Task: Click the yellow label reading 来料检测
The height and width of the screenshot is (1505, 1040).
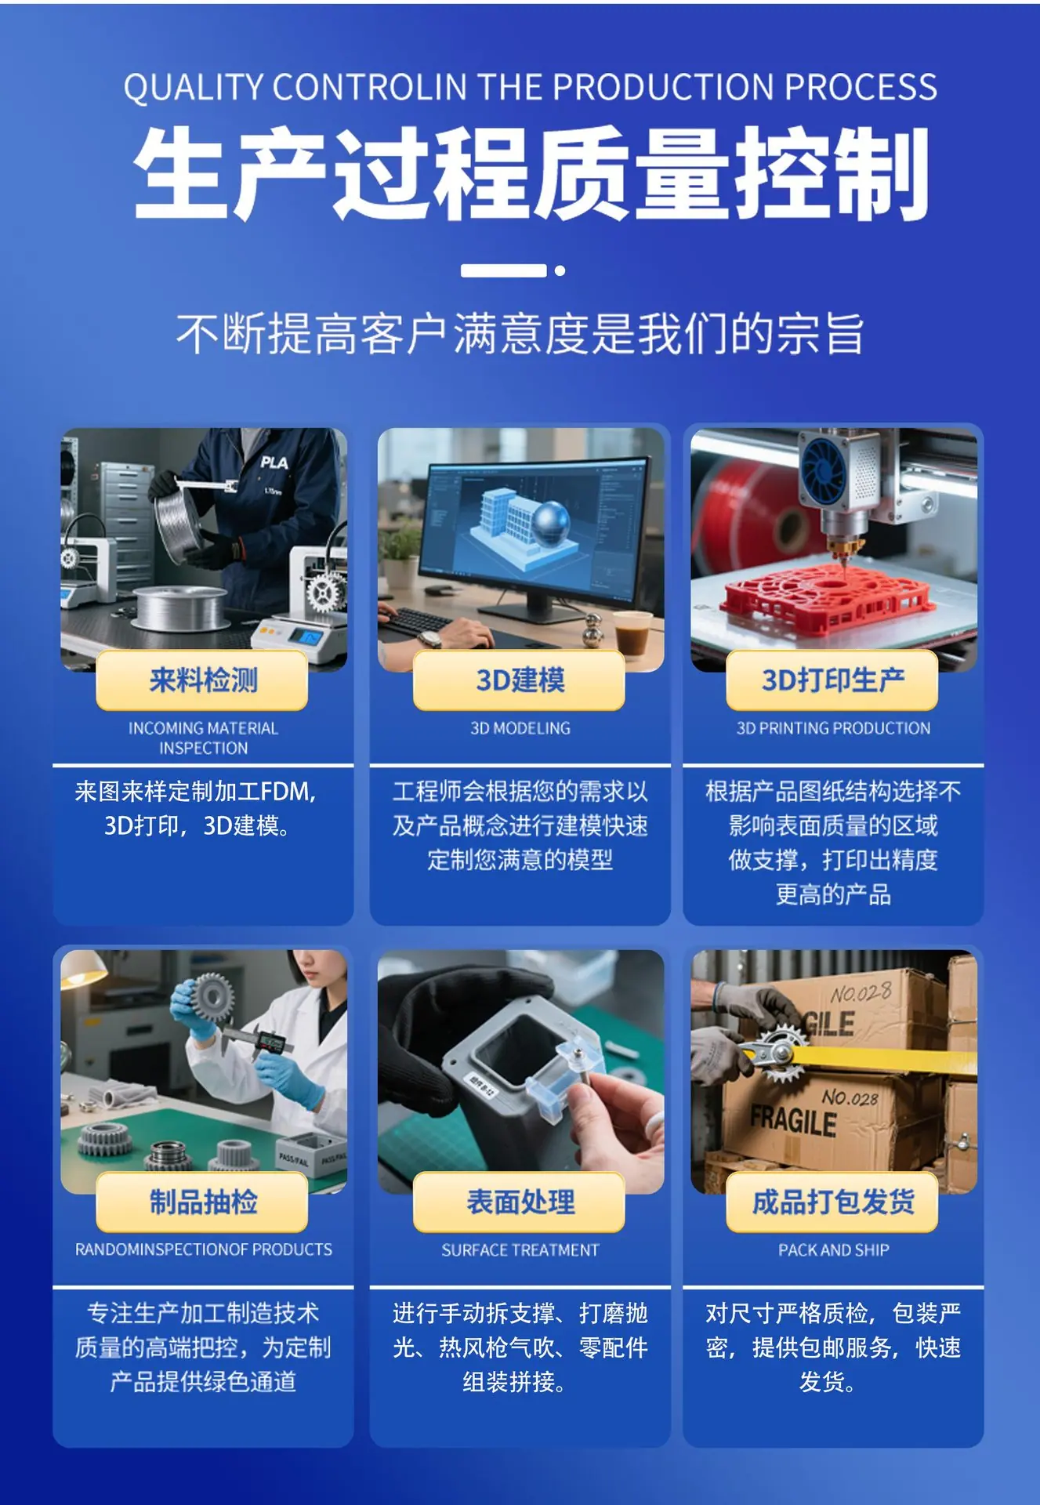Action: tap(202, 680)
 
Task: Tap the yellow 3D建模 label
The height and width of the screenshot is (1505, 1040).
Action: tap(519, 680)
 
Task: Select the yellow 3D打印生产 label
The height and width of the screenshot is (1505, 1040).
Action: tap(832, 680)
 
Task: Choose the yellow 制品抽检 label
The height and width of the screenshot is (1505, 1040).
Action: tap(202, 1202)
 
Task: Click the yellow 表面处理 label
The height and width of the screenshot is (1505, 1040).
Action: tap(519, 1202)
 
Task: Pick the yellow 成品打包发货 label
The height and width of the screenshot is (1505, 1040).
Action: tap(832, 1202)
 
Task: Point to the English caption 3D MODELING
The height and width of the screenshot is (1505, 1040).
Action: tap(520, 728)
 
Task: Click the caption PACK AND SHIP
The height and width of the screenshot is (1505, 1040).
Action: tap(834, 1250)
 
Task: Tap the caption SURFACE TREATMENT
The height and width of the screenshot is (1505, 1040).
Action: tap(520, 1250)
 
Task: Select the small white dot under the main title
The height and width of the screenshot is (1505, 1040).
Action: tap(560, 271)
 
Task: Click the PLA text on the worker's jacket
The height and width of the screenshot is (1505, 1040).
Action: tap(274, 462)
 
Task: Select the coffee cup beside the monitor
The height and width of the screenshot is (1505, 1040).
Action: tap(632, 632)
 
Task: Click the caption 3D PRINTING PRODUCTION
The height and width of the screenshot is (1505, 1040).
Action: tap(834, 728)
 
